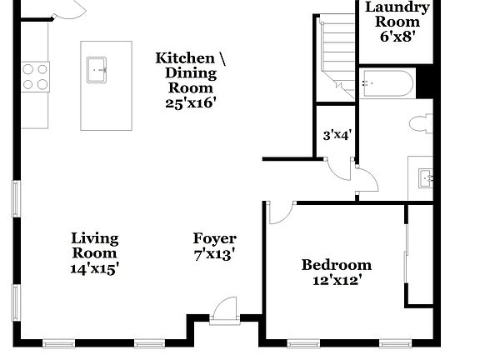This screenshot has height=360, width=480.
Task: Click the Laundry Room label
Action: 398,14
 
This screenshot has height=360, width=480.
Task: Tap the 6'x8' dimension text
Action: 398,37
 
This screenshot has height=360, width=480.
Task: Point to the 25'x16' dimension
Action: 191,102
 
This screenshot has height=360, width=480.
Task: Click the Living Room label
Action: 94,246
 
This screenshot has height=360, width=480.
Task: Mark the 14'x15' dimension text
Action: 94,268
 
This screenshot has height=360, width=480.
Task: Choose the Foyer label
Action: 215,238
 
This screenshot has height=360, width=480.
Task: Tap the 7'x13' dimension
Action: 215,254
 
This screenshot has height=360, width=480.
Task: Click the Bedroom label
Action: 337,265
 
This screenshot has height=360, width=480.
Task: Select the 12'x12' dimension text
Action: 337,281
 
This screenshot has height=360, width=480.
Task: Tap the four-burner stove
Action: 34,76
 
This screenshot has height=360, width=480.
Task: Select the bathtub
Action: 387,84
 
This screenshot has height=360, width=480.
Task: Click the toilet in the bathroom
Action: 421,123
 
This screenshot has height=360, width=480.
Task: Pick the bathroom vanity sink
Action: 426,177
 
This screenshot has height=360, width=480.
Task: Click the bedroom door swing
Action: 280,212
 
